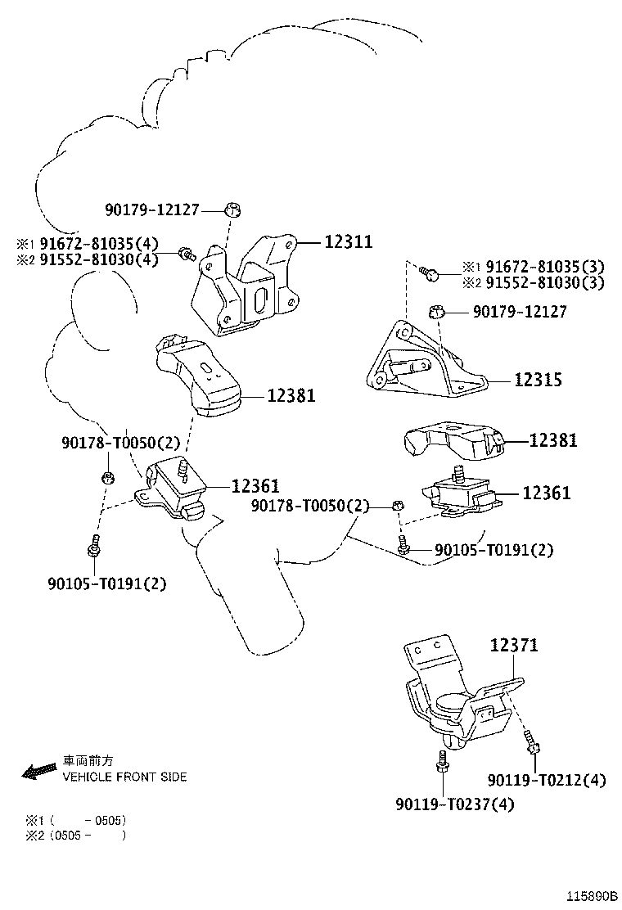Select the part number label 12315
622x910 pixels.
(x=538, y=381)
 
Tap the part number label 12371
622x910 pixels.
(x=513, y=646)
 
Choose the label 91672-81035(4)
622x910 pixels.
(x=97, y=244)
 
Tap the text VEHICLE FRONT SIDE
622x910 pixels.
(x=124, y=777)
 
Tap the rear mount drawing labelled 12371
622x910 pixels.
(x=458, y=696)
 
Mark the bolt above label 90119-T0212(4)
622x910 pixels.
(x=532, y=744)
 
